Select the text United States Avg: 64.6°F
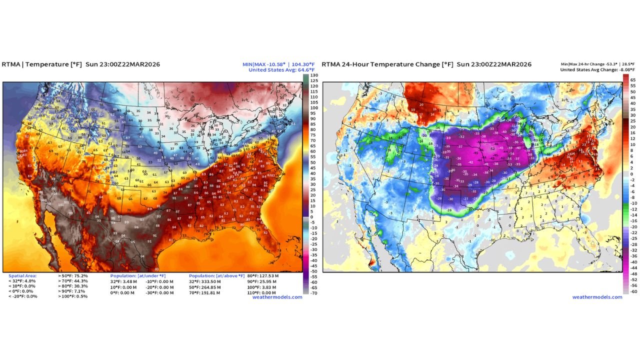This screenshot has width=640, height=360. tap(282, 70)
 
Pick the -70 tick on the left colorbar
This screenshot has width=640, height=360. tap(313, 293)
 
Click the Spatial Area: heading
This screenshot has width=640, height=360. tap(23, 276)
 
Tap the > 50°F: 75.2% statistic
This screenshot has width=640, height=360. tap(73, 276)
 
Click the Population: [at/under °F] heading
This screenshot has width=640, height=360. tap(138, 276)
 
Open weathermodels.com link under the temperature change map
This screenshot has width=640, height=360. tap(597, 297)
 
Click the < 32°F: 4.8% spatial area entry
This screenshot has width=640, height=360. tap(22, 281)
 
